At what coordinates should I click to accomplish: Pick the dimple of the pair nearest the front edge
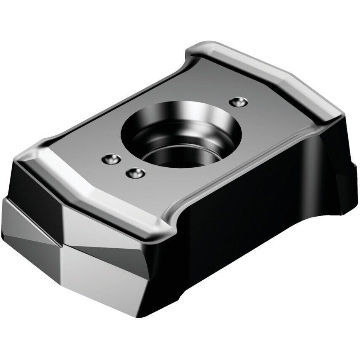coord(135,172)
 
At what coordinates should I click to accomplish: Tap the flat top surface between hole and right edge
coord(270,126)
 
